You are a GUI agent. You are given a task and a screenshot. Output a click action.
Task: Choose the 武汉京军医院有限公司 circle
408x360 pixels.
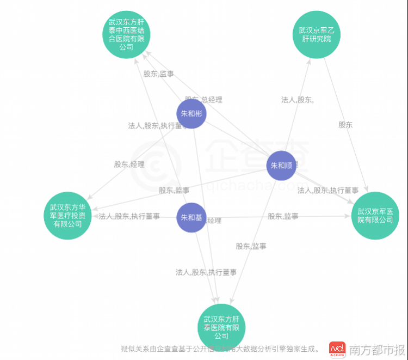tap(375, 216)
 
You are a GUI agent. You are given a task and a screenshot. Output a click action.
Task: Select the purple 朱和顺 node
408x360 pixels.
tap(281, 166)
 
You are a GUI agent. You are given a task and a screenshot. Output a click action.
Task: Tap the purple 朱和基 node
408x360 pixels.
tap(191, 217)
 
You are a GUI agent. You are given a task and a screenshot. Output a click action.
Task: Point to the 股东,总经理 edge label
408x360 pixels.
tap(203, 100)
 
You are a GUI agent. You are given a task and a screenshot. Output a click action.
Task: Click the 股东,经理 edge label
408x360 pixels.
tap(129, 164)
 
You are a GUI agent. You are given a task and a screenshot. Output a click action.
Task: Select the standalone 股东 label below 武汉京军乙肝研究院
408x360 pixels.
tap(345, 125)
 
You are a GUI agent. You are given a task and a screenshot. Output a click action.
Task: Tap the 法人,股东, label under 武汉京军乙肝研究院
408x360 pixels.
tap(297, 100)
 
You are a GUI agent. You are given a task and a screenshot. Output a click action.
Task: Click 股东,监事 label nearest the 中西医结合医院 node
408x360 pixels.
tap(158, 74)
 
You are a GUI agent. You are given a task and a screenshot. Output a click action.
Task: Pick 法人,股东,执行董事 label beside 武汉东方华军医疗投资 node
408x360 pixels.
tap(129, 216)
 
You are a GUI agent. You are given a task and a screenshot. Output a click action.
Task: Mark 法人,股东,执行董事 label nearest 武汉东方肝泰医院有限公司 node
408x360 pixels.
tap(206, 272)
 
